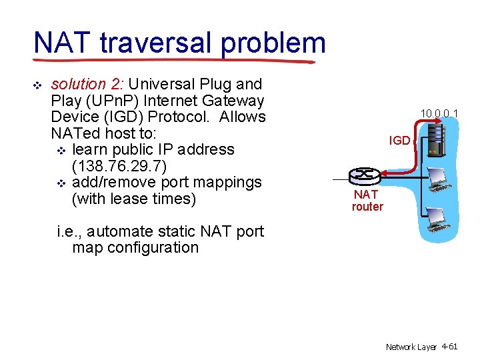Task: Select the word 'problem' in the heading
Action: pos(273,44)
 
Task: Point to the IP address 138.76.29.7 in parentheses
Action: pos(153,166)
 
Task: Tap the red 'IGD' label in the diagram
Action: pos(399,141)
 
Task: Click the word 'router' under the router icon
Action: pos(367,207)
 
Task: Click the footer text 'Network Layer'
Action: pos(411,347)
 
